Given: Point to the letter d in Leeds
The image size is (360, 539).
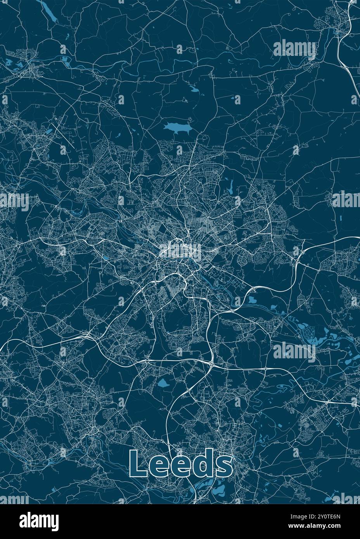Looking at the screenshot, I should [202, 463].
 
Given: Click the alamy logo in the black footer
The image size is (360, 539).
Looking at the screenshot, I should [39, 520].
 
